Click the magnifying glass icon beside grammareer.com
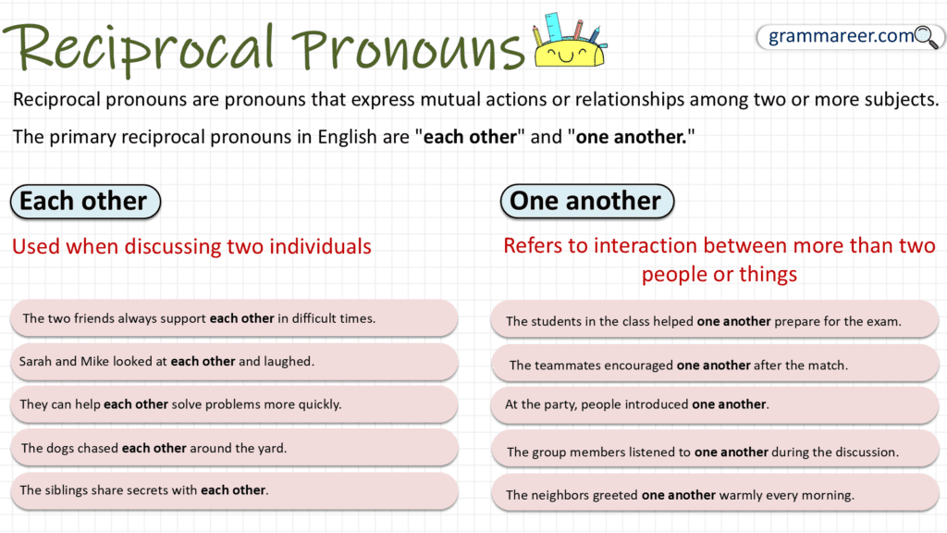(x=926, y=37)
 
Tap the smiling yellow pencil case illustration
(x=566, y=45)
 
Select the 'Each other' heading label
(x=83, y=201)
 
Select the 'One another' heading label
(x=585, y=201)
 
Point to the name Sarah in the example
(x=35, y=362)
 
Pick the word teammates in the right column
(x=567, y=366)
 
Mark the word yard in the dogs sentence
(x=272, y=448)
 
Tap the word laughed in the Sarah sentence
(x=289, y=362)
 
